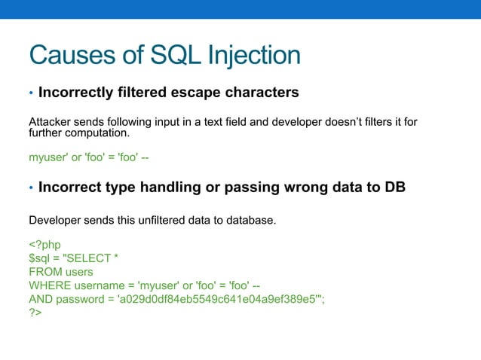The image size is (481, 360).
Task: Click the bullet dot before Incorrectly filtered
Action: click(31, 94)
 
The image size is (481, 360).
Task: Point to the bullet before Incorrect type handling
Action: click(31, 188)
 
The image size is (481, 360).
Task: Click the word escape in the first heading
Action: click(184, 93)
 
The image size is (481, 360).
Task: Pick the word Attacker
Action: click(51, 122)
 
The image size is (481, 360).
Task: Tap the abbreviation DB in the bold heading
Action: click(394, 187)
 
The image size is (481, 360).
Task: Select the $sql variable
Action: click(40, 258)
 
